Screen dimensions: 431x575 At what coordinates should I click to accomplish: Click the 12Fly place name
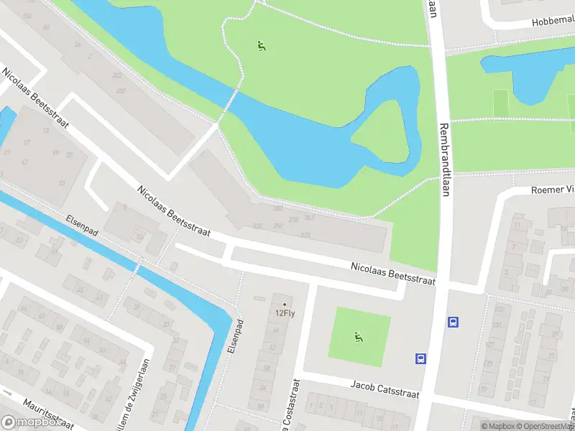tap(285, 313)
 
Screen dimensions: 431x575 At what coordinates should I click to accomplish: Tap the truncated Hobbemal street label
tap(553, 22)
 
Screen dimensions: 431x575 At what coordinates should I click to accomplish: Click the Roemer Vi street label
tap(552, 190)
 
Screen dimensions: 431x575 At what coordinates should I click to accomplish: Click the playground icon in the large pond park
tap(262, 47)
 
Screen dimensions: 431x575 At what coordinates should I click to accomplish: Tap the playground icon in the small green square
tap(358, 335)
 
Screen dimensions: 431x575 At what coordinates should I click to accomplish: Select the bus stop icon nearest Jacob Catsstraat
tap(420, 358)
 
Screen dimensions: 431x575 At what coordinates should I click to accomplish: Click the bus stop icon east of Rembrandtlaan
tap(454, 322)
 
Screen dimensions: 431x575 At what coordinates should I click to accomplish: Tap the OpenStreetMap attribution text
tap(543, 426)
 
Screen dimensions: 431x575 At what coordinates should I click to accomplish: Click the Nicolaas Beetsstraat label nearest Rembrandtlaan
tap(392, 274)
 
